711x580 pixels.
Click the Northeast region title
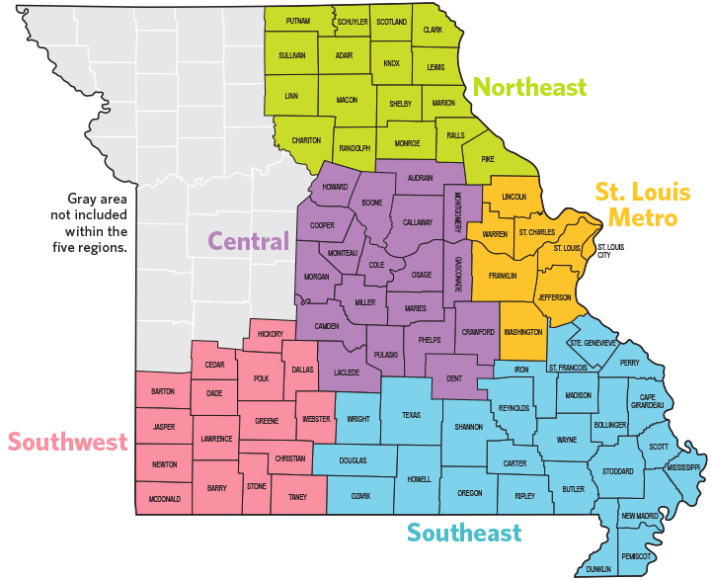pyautogui.click(x=529, y=88)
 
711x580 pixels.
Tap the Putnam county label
pyautogui.click(x=298, y=21)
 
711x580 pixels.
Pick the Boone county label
pyautogui.click(x=372, y=204)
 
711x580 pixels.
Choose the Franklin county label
pyautogui.click(x=503, y=276)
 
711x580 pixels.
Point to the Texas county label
pyautogui.click(x=411, y=415)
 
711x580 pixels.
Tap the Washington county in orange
pyautogui.click(x=522, y=333)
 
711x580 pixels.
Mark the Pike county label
pyautogui.click(x=487, y=158)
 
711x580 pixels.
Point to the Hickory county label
pyautogui.click(x=270, y=334)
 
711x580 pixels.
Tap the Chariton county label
pyautogui.click(x=306, y=141)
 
